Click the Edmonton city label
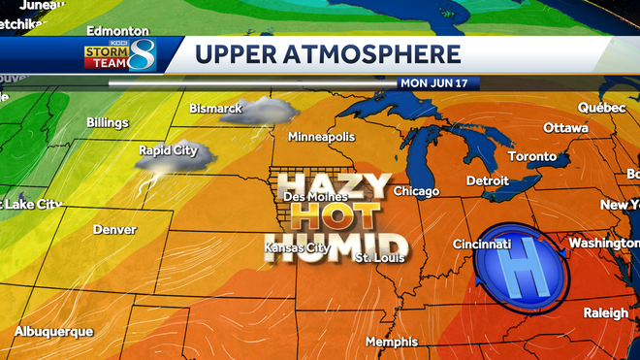tap(118, 32)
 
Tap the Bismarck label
tap(215, 108)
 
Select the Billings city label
tap(107, 123)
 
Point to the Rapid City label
tap(168, 150)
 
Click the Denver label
tap(114, 230)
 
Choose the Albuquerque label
tap(54, 332)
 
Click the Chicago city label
tap(417, 191)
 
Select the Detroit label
tap(488, 180)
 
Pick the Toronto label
tap(532, 156)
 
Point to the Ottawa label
tap(565, 128)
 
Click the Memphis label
tap(392, 342)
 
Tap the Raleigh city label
tap(606, 312)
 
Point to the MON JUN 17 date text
tap(433, 83)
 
